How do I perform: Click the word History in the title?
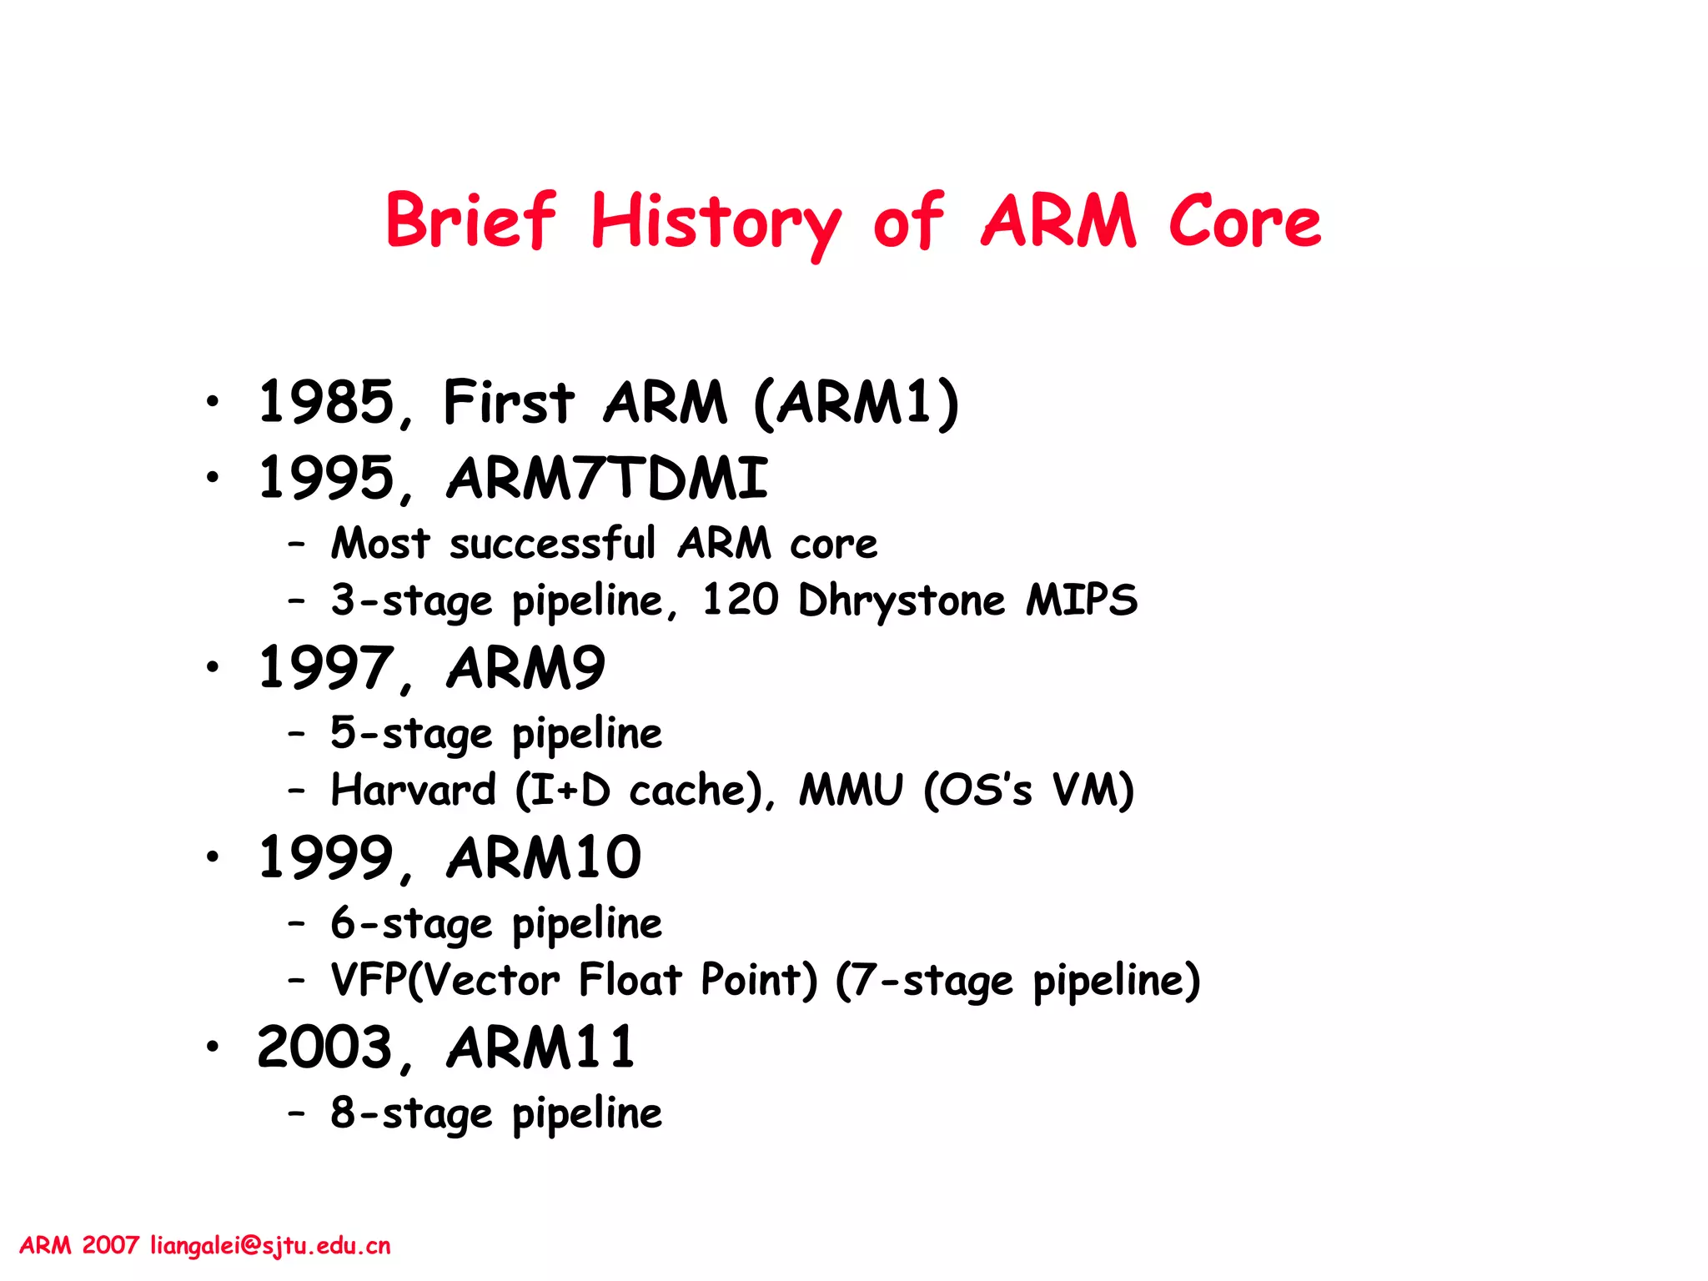[716, 222]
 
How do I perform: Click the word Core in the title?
[1244, 222]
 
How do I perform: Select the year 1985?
[326, 403]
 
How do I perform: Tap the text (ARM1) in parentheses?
[857, 403]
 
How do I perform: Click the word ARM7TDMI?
[607, 480]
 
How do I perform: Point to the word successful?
[552, 545]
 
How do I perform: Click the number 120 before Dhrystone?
[740, 600]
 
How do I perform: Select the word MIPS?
[1082, 600]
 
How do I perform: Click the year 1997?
[326, 669]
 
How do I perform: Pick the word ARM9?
[525, 669]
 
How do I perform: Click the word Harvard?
[414, 791]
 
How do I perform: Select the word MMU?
[851, 791]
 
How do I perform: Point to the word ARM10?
[544, 858]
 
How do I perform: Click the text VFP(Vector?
[445, 981]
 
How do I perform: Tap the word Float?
[630, 981]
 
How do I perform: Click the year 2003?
[326, 1048]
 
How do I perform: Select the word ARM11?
[540, 1048]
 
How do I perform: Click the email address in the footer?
[270, 1246]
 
